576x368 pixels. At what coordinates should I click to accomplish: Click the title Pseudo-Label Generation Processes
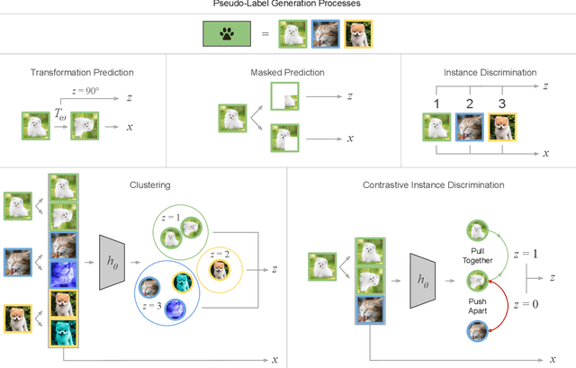click(x=287, y=5)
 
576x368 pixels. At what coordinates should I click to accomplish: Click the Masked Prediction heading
click(x=287, y=72)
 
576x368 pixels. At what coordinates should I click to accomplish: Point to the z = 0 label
click(x=526, y=304)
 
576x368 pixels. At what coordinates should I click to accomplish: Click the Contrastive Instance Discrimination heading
click(x=433, y=184)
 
